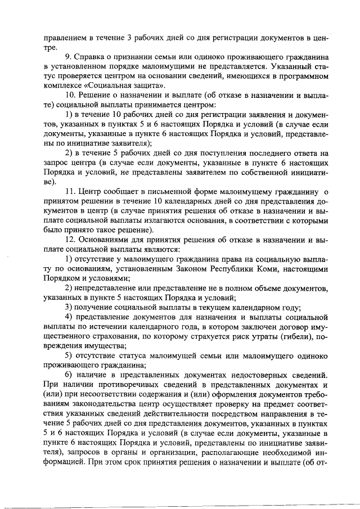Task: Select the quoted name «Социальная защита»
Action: click(123, 85)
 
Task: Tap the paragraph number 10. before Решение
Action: click(72, 96)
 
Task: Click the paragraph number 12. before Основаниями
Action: click(72, 240)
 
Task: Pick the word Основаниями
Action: click(108, 240)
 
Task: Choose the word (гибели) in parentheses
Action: click(295, 337)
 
